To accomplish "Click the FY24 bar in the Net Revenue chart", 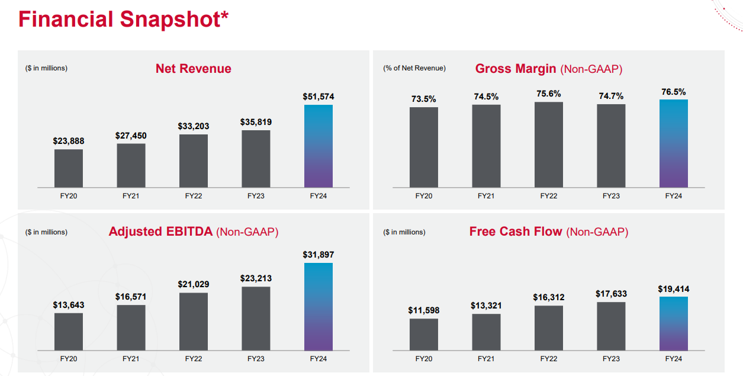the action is (x=319, y=146).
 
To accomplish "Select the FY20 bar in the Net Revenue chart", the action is (x=69, y=168).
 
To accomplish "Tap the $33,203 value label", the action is (x=194, y=126).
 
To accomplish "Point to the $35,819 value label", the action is (x=256, y=122).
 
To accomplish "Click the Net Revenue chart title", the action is (x=194, y=68).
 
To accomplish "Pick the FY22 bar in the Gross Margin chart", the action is (x=549, y=144).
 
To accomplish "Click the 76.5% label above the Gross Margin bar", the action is (x=673, y=92).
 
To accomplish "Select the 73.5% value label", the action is (x=423, y=99).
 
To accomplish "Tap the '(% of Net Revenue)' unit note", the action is (x=414, y=68).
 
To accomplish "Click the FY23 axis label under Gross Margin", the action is (x=611, y=196).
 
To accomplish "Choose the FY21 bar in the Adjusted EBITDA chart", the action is (x=131, y=327).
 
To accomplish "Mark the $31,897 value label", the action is (x=319, y=255).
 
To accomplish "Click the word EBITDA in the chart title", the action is (x=189, y=232).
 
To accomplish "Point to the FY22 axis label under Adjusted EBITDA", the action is (x=194, y=359).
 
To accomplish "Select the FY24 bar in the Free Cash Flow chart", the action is (x=673, y=323).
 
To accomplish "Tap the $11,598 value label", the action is (x=423, y=310).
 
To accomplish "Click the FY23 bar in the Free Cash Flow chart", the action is (x=611, y=326).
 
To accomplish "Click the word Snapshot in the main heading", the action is (x=174, y=20).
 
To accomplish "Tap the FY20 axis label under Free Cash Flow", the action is (x=423, y=359).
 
